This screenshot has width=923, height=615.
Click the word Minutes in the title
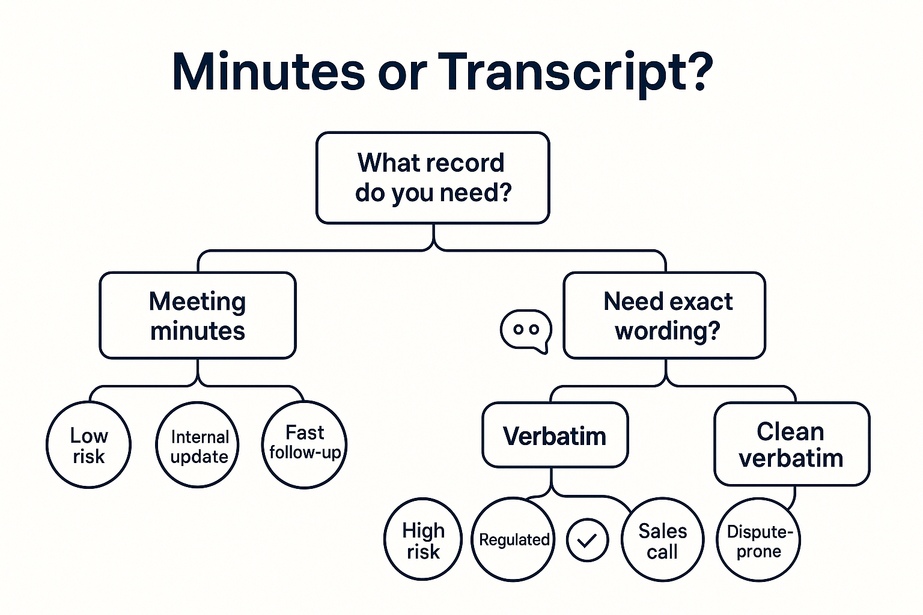click(268, 72)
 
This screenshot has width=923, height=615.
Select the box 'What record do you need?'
click(433, 178)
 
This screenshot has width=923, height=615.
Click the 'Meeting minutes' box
click(198, 316)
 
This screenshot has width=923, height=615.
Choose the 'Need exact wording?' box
click(665, 316)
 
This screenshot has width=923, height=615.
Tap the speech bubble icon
click(526, 330)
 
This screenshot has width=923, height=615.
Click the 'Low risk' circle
click(89, 445)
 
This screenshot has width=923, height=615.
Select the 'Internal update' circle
click(198, 445)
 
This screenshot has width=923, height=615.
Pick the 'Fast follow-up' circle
click(305, 444)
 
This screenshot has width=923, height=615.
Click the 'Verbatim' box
click(555, 435)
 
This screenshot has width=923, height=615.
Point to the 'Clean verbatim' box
click(791, 444)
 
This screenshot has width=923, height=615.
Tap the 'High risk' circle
click(423, 540)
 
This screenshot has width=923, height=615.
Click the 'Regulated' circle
click(513, 540)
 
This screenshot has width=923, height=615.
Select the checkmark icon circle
click(587, 541)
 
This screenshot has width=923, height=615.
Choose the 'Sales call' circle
click(662, 540)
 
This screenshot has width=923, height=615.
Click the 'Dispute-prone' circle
click(758, 541)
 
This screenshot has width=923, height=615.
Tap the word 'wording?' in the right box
click(667, 331)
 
